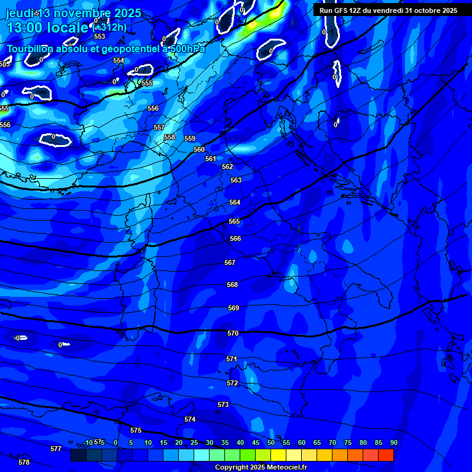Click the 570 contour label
pyautogui.click(x=233, y=333)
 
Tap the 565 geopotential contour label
pyautogui.click(x=234, y=221)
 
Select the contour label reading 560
pyautogui.click(x=199, y=149)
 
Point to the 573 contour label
pyautogui.click(x=223, y=404)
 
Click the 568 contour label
pyautogui.click(x=232, y=285)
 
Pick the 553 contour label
pyautogui.click(x=100, y=36)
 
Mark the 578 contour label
pyautogui.click(x=24, y=462)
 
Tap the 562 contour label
pyautogui.click(x=227, y=167)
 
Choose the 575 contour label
pyautogui.click(x=136, y=430)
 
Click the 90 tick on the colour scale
pyautogui.click(x=393, y=442)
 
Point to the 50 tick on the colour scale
pyautogui.click(x=271, y=442)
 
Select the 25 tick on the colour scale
pyautogui.click(x=194, y=442)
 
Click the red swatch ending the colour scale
pyautogui.click(x=386, y=455)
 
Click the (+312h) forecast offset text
pyautogui.click(x=109, y=27)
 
